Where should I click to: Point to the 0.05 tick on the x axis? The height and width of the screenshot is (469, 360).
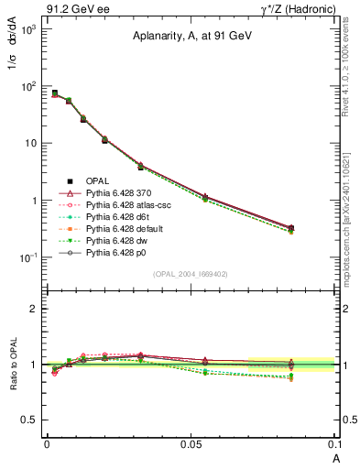(191, 442)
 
